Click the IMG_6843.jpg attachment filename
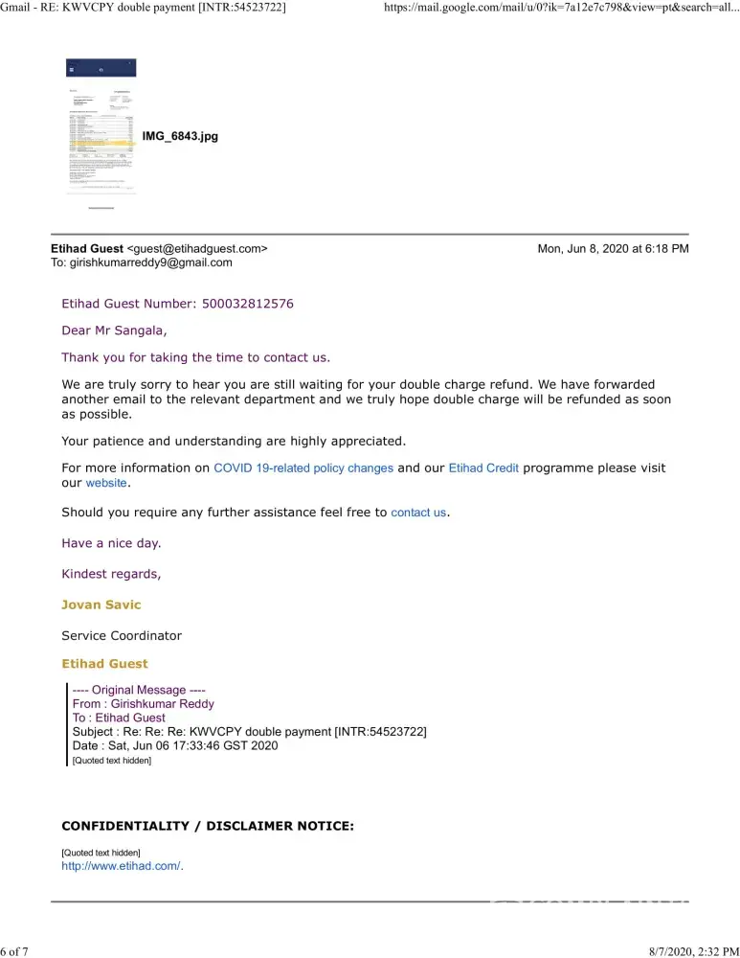pyautogui.click(x=180, y=137)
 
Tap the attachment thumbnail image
pyautogui.click(x=101, y=129)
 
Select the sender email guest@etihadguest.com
pyautogui.click(x=197, y=249)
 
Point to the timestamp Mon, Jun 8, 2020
pyautogui.click(x=613, y=249)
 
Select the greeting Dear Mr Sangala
pyautogui.click(x=114, y=331)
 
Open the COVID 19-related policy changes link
pyautogui.click(x=303, y=468)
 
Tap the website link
pyautogui.click(x=106, y=484)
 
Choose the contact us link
pyautogui.click(x=418, y=513)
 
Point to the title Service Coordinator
pyautogui.click(x=122, y=635)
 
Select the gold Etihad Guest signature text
pyautogui.click(x=104, y=663)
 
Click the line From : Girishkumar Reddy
pyautogui.click(x=144, y=703)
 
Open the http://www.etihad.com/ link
pyautogui.click(x=122, y=866)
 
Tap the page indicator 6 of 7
pyautogui.click(x=14, y=950)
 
